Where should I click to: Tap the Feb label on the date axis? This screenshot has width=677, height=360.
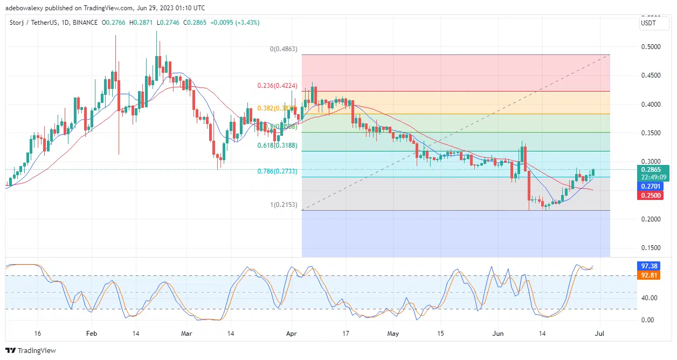[92, 334]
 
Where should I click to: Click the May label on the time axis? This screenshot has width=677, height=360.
[393, 334]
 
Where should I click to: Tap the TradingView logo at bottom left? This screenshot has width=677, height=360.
[31, 350]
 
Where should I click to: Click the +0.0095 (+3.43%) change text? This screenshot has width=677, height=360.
[235, 23]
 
